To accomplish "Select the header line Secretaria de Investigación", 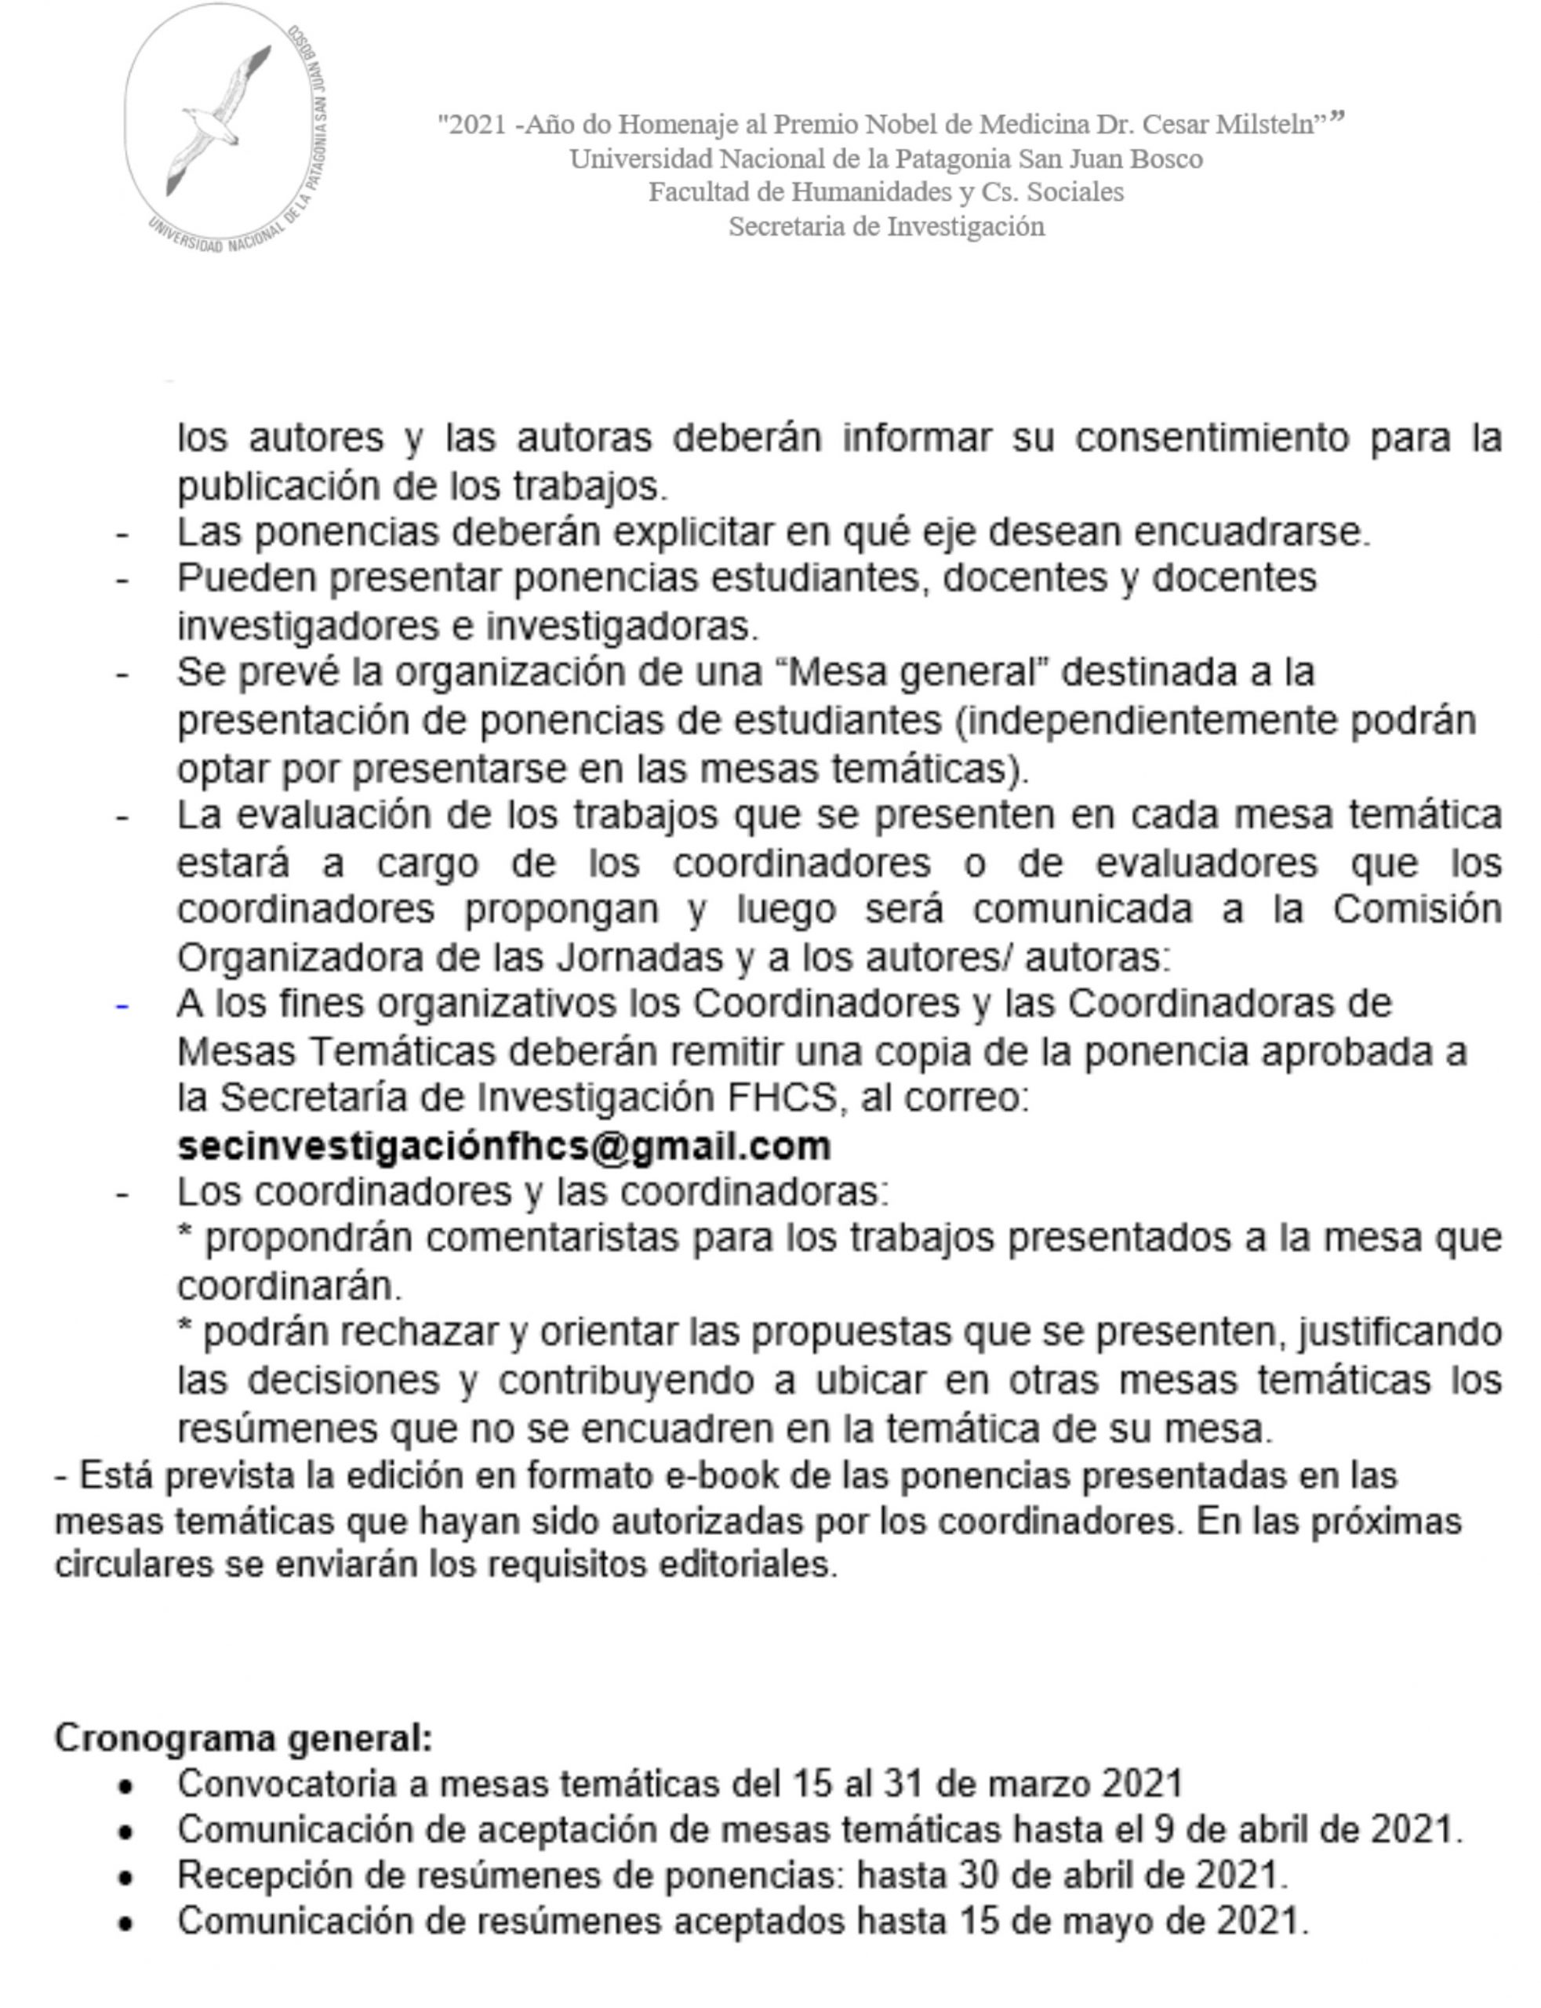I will pos(886,226).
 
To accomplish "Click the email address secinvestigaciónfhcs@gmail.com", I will pos(503,1146).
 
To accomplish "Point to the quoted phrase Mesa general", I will pos(918,672).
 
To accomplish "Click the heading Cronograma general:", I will pos(243,1737).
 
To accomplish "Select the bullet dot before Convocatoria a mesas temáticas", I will pos(125,1785).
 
